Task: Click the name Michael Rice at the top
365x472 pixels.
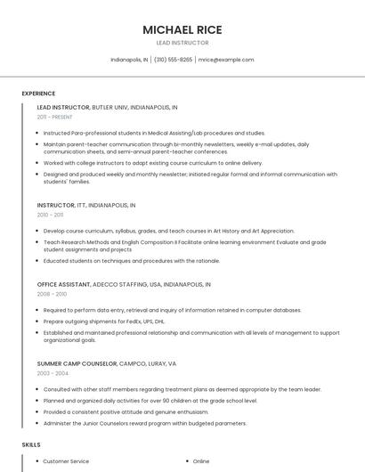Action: [x=182, y=30]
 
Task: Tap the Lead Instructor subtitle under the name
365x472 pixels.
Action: [x=182, y=43]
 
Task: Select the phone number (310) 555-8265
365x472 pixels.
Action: [x=173, y=60]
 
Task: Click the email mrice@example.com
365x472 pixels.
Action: [x=226, y=60]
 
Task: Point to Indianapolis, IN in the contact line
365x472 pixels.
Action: [x=129, y=60]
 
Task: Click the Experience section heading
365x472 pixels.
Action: [x=38, y=94]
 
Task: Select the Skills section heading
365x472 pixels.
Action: [x=31, y=444]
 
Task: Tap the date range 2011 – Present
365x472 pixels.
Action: [x=55, y=117]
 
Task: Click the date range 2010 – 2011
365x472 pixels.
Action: [x=51, y=215]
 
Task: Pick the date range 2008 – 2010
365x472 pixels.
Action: [x=52, y=294]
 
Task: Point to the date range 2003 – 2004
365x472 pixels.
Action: [x=52, y=374]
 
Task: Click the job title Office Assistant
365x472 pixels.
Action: [x=64, y=284]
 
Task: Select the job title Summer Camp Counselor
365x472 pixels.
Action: [x=77, y=364]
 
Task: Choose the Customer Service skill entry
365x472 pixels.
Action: [x=66, y=461]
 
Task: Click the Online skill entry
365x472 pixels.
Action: [x=201, y=461]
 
